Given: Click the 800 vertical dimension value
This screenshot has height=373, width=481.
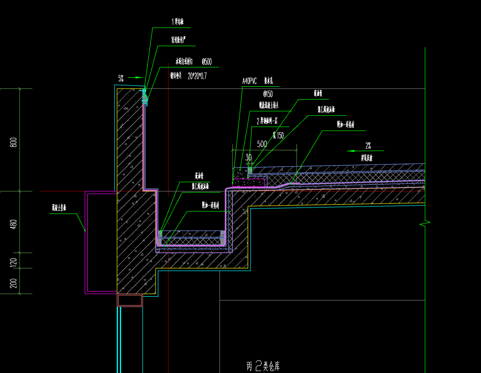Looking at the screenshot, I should (13, 142).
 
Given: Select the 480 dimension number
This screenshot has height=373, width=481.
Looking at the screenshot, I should (13, 224).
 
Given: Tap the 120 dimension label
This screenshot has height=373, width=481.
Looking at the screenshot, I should (13, 261).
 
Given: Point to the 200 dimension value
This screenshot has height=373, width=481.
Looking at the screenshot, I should (13, 282).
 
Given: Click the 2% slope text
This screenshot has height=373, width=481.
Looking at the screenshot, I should (368, 145).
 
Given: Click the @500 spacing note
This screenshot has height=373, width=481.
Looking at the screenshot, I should (207, 62).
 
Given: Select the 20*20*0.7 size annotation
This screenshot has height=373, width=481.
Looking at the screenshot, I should (197, 75).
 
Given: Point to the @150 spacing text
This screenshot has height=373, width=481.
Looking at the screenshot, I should (268, 94).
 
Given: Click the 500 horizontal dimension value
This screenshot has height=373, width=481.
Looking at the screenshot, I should (261, 144).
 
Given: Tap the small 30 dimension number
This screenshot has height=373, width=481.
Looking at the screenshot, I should (248, 157).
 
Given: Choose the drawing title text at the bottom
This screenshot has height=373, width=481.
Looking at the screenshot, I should (263, 366).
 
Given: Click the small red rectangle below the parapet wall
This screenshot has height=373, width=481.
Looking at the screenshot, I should (130, 300).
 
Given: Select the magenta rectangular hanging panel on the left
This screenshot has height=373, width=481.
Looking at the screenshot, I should (101, 242).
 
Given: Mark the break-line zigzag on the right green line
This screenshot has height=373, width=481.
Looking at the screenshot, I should (425, 223).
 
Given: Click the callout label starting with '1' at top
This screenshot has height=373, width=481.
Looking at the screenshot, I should (178, 22).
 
